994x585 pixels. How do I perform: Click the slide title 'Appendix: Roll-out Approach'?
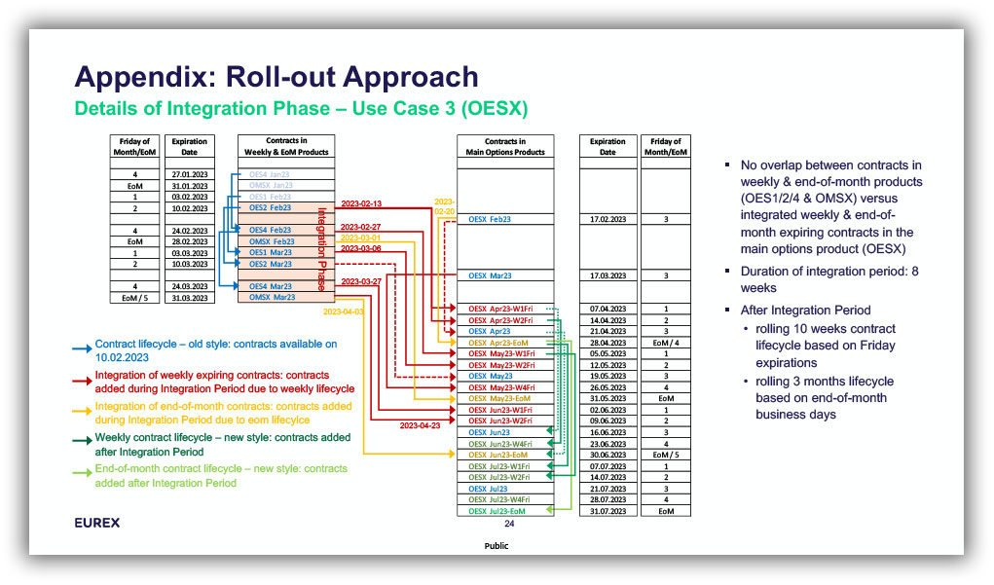click(x=276, y=78)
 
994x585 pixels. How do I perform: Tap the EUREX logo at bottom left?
click(x=97, y=523)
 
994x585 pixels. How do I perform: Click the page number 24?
click(x=508, y=524)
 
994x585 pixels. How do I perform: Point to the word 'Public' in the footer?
click(x=497, y=546)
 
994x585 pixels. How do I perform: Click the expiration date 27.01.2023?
click(x=190, y=174)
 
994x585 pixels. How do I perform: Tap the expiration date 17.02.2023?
click(x=607, y=219)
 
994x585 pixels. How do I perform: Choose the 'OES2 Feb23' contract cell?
click(x=271, y=207)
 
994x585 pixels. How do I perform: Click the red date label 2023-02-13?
click(x=361, y=203)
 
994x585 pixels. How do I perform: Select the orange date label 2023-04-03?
click(x=344, y=311)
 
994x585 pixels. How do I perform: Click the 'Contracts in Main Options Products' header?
click(x=505, y=147)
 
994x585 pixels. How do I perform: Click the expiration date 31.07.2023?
click(x=607, y=511)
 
